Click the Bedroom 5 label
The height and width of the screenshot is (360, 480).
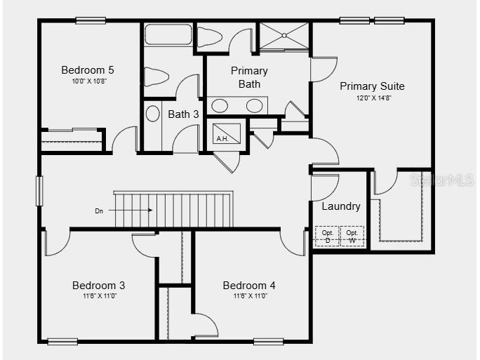pyautogui.click(x=88, y=69)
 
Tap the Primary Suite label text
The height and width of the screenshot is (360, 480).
pyautogui.click(x=372, y=86)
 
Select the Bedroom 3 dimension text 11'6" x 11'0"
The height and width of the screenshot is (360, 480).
pyautogui.click(x=98, y=296)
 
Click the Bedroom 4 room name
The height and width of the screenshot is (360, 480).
pyautogui.click(x=249, y=286)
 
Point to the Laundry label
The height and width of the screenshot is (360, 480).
pyautogui.click(x=341, y=206)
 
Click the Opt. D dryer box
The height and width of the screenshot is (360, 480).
pyautogui.click(x=327, y=236)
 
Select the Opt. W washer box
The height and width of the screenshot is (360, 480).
pyautogui.click(x=352, y=236)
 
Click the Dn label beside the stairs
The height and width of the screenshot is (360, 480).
pyautogui.click(x=99, y=210)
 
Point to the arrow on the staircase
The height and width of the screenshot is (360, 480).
pyautogui.click(x=140, y=210)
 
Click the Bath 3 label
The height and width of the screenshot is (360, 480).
pyautogui.click(x=183, y=114)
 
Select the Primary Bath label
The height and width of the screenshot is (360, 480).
pyautogui.click(x=249, y=77)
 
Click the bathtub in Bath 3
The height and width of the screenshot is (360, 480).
pyautogui.click(x=168, y=35)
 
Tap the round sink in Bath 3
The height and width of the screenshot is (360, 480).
pyautogui.click(x=152, y=113)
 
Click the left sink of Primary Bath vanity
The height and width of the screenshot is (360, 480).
pyautogui.click(x=220, y=106)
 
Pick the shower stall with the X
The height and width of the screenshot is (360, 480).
pyautogui.click(x=284, y=36)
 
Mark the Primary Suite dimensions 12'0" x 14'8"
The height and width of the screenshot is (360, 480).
pyautogui.click(x=372, y=98)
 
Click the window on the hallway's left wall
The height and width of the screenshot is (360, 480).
pyautogui.click(x=40, y=190)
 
